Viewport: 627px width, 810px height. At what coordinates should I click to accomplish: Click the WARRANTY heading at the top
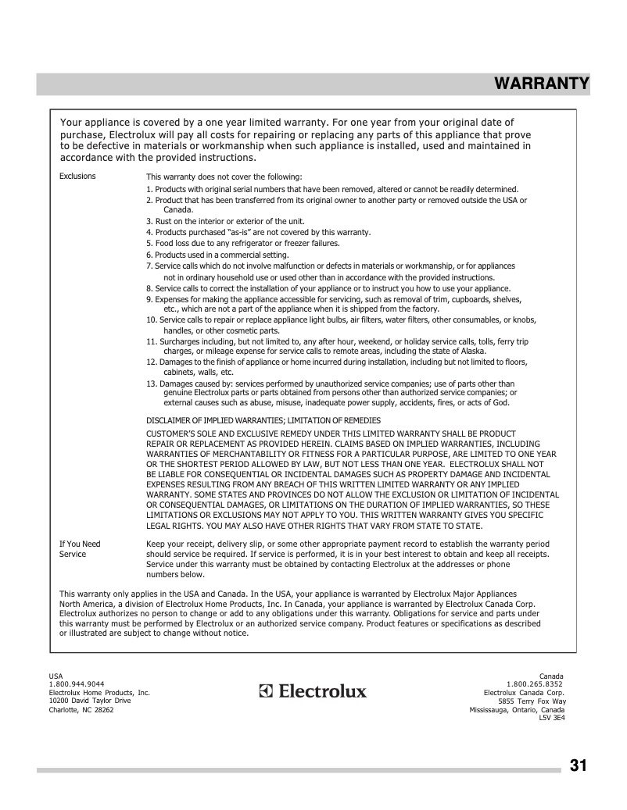[x=541, y=84]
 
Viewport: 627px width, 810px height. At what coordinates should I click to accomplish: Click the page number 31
[x=579, y=765]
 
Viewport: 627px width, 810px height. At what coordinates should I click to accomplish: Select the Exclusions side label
[x=77, y=176]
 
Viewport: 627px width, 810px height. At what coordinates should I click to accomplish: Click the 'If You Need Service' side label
[x=80, y=549]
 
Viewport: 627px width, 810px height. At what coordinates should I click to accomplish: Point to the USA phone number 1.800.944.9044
[x=76, y=683]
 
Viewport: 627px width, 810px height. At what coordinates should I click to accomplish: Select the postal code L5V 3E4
[x=551, y=718]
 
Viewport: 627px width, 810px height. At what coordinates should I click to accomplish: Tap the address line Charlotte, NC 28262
[x=81, y=710]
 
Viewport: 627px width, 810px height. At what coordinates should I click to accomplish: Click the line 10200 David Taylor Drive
[x=89, y=701]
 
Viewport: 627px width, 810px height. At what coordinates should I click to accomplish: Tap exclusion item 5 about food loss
[x=242, y=243]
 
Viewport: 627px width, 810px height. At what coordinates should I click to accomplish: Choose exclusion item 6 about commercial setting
[x=217, y=255]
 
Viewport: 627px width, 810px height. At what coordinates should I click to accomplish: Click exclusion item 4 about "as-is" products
[x=258, y=232]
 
